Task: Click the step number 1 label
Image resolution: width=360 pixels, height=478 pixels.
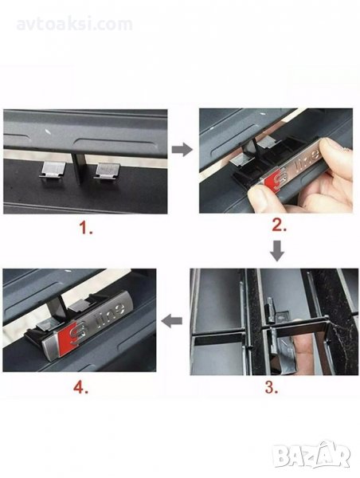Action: [x=86, y=228]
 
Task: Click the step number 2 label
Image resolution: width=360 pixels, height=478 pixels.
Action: [x=280, y=225]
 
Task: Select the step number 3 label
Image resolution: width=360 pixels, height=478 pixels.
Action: [x=272, y=387]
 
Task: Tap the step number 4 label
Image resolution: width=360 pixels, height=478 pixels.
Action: [x=80, y=387]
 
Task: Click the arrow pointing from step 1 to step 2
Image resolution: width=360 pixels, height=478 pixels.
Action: [x=182, y=150]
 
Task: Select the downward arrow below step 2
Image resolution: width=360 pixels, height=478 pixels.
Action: [x=277, y=251]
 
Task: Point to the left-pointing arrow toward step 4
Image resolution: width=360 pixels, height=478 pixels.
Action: [x=171, y=321]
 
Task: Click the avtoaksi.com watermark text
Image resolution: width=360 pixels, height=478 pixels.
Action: [x=74, y=25]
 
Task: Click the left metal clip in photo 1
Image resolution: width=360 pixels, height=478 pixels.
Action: [x=53, y=171]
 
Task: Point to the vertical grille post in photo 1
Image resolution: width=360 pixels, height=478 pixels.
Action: [x=79, y=169]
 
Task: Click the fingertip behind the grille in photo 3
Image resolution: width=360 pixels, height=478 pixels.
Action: [x=305, y=347]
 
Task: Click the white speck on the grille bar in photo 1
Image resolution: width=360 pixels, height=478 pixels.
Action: [x=47, y=132]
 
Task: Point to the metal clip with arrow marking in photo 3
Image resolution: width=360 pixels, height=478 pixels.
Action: [x=284, y=318]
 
